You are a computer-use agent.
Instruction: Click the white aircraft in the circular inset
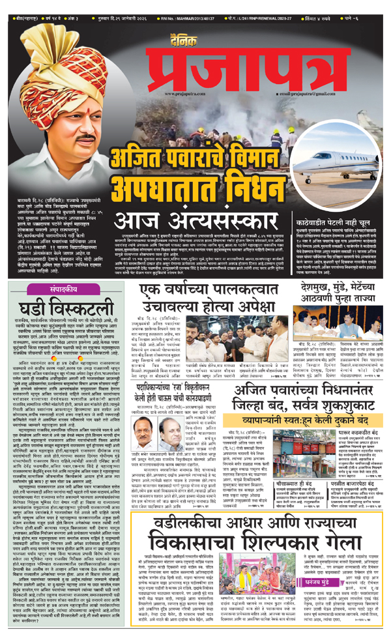[x=339, y=137]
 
